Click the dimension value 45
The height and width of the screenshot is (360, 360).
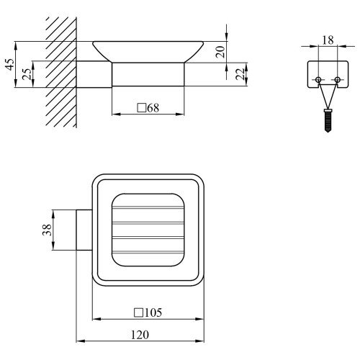click(10, 65)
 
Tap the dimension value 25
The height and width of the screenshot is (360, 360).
click(27, 74)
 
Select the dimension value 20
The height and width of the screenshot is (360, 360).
click(220, 52)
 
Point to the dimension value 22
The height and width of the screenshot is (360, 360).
click(240, 74)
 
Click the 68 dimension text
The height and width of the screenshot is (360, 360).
click(153, 108)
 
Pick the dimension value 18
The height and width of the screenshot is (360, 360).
click(328, 40)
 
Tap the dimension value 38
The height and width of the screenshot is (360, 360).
click(47, 230)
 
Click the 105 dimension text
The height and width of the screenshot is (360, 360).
click(153, 312)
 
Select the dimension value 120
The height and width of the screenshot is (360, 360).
click(140, 335)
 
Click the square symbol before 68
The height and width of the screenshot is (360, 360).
click(142, 108)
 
